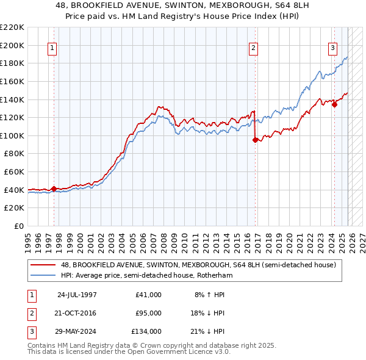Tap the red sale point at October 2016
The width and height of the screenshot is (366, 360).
coord(255,140)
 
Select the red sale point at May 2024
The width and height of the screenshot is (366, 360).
coord(334,104)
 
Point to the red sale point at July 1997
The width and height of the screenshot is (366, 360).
coord(54,189)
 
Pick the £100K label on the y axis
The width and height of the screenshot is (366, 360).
coord(12,135)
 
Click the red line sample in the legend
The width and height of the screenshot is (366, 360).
coord(44,265)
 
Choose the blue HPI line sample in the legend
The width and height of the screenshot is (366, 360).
coord(44,275)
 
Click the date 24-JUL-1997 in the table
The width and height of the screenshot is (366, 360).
coord(77,295)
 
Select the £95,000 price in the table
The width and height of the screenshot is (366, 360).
coord(148,313)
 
